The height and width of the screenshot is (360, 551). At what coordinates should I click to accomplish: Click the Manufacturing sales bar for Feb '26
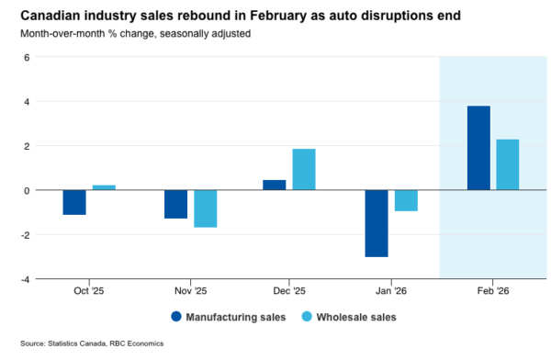pyautogui.click(x=478, y=149)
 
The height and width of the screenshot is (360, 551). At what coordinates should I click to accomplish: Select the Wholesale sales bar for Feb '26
pyautogui.click(x=508, y=165)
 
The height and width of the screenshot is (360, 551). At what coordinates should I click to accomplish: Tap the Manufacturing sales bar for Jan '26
pyautogui.click(x=377, y=223)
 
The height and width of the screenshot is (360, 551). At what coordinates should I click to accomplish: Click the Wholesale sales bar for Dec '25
pyautogui.click(x=304, y=170)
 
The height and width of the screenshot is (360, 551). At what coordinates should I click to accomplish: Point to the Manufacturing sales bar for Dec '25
pyautogui.click(x=275, y=185)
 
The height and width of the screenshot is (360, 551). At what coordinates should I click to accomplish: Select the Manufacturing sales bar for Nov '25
pyautogui.click(x=175, y=204)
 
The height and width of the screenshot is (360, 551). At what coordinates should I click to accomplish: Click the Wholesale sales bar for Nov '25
pyautogui.click(x=205, y=208)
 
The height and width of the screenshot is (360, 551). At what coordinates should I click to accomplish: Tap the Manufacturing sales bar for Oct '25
pyautogui.click(x=74, y=202)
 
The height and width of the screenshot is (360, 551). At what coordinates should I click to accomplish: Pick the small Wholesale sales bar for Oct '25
pyautogui.click(x=104, y=187)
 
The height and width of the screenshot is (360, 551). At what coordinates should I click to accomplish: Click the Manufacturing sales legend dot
pyautogui.click(x=175, y=317)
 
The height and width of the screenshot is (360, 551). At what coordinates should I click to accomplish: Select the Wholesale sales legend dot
pyautogui.click(x=306, y=317)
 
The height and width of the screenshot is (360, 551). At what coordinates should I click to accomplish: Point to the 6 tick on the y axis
pyautogui.click(x=28, y=57)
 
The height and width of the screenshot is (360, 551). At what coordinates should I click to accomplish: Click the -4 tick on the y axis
pyautogui.click(x=26, y=279)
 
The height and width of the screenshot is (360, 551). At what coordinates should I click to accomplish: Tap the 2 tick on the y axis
pyautogui.click(x=28, y=146)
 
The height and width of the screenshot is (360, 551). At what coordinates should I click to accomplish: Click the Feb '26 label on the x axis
pyautogui.click(x=493, y=290)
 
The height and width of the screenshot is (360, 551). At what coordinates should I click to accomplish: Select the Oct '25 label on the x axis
pyautogui.click(x=89, y=290)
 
